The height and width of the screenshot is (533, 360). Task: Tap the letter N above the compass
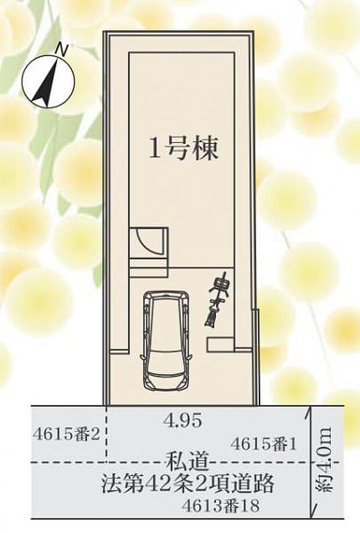[60, 51]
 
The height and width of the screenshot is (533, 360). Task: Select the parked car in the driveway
[167, 341]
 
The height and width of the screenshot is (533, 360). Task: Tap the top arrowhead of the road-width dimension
[313, 410]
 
